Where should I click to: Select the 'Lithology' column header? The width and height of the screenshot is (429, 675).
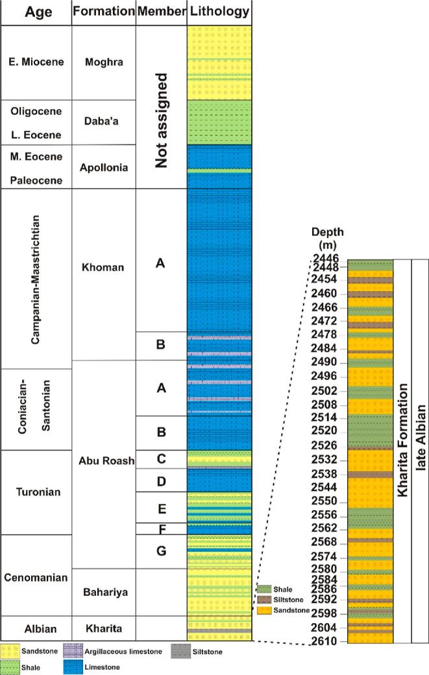[219, 12]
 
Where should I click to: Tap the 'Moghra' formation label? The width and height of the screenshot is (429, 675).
[104, 62]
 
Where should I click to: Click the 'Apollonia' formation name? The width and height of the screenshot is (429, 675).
[104, 167]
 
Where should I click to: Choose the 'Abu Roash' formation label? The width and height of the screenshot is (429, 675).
[104, 461]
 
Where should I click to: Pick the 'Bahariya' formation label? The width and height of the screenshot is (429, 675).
[104, 591]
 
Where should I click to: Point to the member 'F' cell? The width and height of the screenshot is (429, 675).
[162, 528]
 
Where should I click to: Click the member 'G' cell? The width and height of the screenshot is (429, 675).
[162, 551]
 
